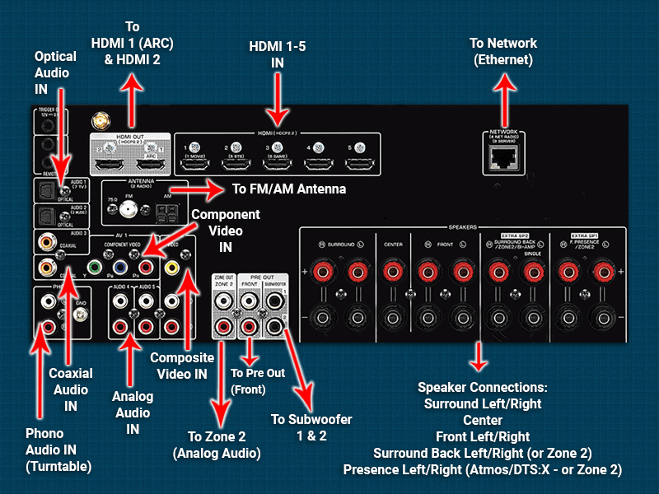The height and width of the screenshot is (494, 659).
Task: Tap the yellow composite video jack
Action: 171,268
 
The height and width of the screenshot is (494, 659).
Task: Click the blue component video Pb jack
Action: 120,268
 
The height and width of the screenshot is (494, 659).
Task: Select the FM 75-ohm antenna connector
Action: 128,209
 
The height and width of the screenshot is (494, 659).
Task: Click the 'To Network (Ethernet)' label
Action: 503,51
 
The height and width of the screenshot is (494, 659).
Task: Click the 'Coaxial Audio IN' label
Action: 71,389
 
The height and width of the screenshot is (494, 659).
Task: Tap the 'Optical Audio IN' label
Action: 54,72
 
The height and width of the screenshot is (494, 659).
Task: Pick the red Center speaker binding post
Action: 395,272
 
